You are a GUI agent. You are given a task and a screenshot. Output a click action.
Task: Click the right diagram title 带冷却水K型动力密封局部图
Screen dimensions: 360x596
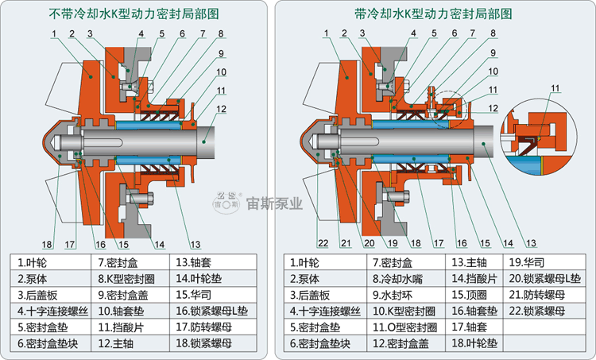click(x=433, y=14)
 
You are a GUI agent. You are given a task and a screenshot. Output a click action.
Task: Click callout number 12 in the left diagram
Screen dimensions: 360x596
click(x=222, y=109)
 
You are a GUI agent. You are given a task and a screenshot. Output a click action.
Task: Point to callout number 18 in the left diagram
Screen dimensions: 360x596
click(x=47, y=243)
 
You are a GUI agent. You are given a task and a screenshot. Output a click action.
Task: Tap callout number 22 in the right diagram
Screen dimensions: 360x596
click(x=322, y=242)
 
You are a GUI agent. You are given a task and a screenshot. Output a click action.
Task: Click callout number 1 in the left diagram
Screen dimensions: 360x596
click(x=52, y=33)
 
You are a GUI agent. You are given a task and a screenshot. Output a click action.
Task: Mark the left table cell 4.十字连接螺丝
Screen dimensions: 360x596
click(x=49, y=311)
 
